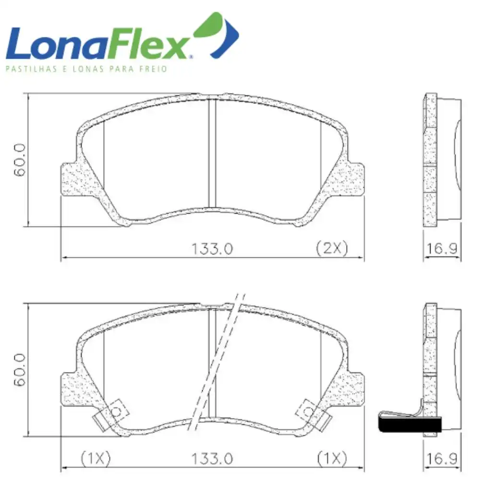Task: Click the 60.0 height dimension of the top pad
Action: (19, 160)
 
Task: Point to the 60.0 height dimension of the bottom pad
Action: (19, 370)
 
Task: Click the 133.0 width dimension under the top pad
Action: (212, 249)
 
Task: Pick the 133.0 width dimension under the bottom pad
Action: (212, 459)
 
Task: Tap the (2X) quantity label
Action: (332, 248)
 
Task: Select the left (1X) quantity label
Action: (96, 458)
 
